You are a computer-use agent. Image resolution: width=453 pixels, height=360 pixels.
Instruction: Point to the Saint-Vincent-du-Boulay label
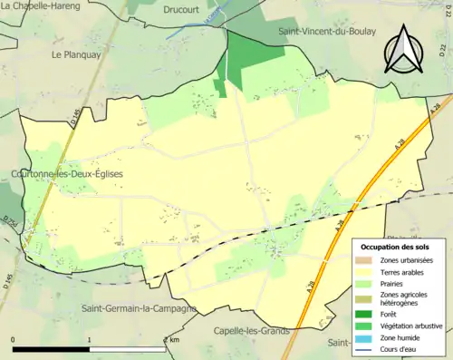(x=332, y=32)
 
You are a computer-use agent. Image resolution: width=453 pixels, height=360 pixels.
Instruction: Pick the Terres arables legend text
(x=406, y=272)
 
